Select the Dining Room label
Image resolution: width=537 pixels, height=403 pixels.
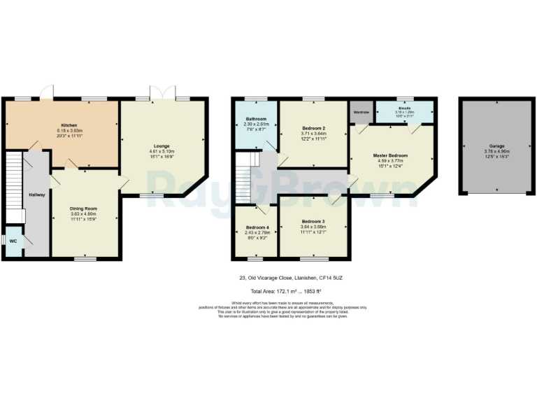[83, 208]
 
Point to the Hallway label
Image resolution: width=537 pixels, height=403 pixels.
[36, 195]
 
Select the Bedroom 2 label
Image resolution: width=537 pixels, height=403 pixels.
[313, 129]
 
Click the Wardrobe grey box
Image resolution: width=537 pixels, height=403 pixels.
[361, 112]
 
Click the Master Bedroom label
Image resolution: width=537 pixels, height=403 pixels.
[389, 155]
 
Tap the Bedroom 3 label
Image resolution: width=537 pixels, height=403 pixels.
[313, 221]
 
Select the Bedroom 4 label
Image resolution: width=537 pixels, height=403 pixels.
[257, 227]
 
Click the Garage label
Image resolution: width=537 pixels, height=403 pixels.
[487, 146]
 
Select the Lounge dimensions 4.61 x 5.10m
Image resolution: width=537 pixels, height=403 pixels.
[162, 152]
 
